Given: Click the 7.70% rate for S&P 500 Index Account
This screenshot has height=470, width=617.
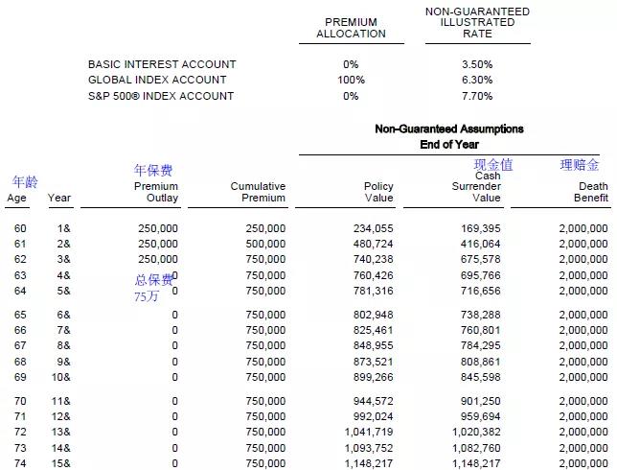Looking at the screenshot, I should pyautogui.click(x=476, y=96).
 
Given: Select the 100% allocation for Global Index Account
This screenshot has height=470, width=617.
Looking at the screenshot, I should pyautogui.click(x=351, y=80).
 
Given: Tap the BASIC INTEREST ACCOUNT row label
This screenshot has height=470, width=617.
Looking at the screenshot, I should pyautogui.click(x=162, y=64).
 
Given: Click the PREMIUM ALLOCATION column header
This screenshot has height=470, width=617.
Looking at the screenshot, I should pyautogui.click(x=351, y=28).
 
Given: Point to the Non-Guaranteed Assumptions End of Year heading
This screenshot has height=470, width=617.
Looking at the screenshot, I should pyautogui.click(x=448, y=136).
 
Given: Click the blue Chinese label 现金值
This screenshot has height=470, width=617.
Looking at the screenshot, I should pyautogui.click(x=493, y=165).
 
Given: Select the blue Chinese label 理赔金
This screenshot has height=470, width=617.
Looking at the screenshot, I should pyautogui.click(x=580, y=165).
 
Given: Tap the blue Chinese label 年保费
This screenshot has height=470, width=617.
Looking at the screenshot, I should pyautogui.click(x=153, y=171).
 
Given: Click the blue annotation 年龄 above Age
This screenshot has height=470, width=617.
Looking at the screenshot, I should pyautogui.click(x=25, y=182).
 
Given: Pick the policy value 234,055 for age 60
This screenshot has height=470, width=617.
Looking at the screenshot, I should pyautogui.click(x=372, y=229).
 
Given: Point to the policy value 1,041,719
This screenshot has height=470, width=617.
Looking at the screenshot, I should pyautogui.click(x=368, y=433).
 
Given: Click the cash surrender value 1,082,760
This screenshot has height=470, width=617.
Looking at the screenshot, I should pyautogui.click(x=475, y=448).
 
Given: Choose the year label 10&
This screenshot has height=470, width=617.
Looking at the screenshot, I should pyautogui.click(x=61, y=377).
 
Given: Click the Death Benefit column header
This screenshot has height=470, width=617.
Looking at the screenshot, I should pyautogui.click(x=585, y=192).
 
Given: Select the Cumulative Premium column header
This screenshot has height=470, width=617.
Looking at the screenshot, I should pyautogui.click(x=258, y=192).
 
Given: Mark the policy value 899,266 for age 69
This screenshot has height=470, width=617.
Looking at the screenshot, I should pyautogui.click(x=372, y=377).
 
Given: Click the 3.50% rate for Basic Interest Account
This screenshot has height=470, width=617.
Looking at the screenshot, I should pyautogui.click(x=476, y=64).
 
